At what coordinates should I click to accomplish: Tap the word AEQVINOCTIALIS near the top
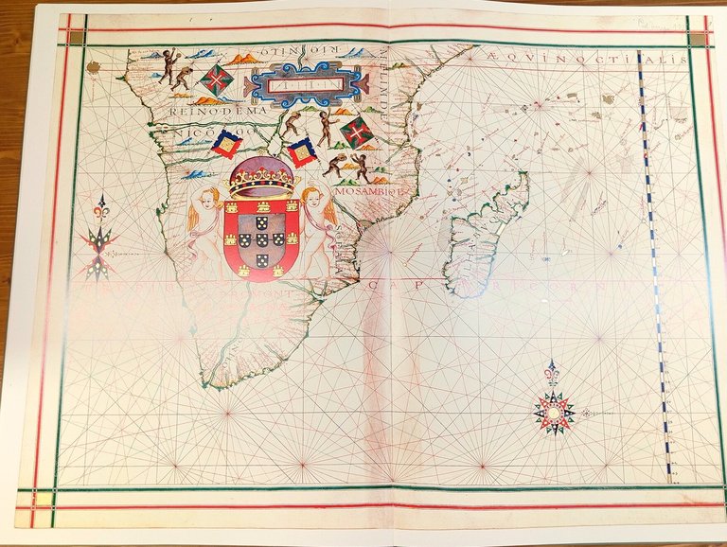(x=588, y=60)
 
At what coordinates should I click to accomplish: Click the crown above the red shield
(x=260, y=176)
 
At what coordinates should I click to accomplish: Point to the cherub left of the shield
(x=205, y=223)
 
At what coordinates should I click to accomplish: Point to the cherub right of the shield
(x=318, y=221)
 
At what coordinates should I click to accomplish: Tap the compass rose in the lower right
(x=554, y=412)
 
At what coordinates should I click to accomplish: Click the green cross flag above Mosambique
(x=357, y=132)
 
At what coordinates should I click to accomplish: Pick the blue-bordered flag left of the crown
(x=226, y=143)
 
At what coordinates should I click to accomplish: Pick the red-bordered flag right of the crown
(x=302, y=151)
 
